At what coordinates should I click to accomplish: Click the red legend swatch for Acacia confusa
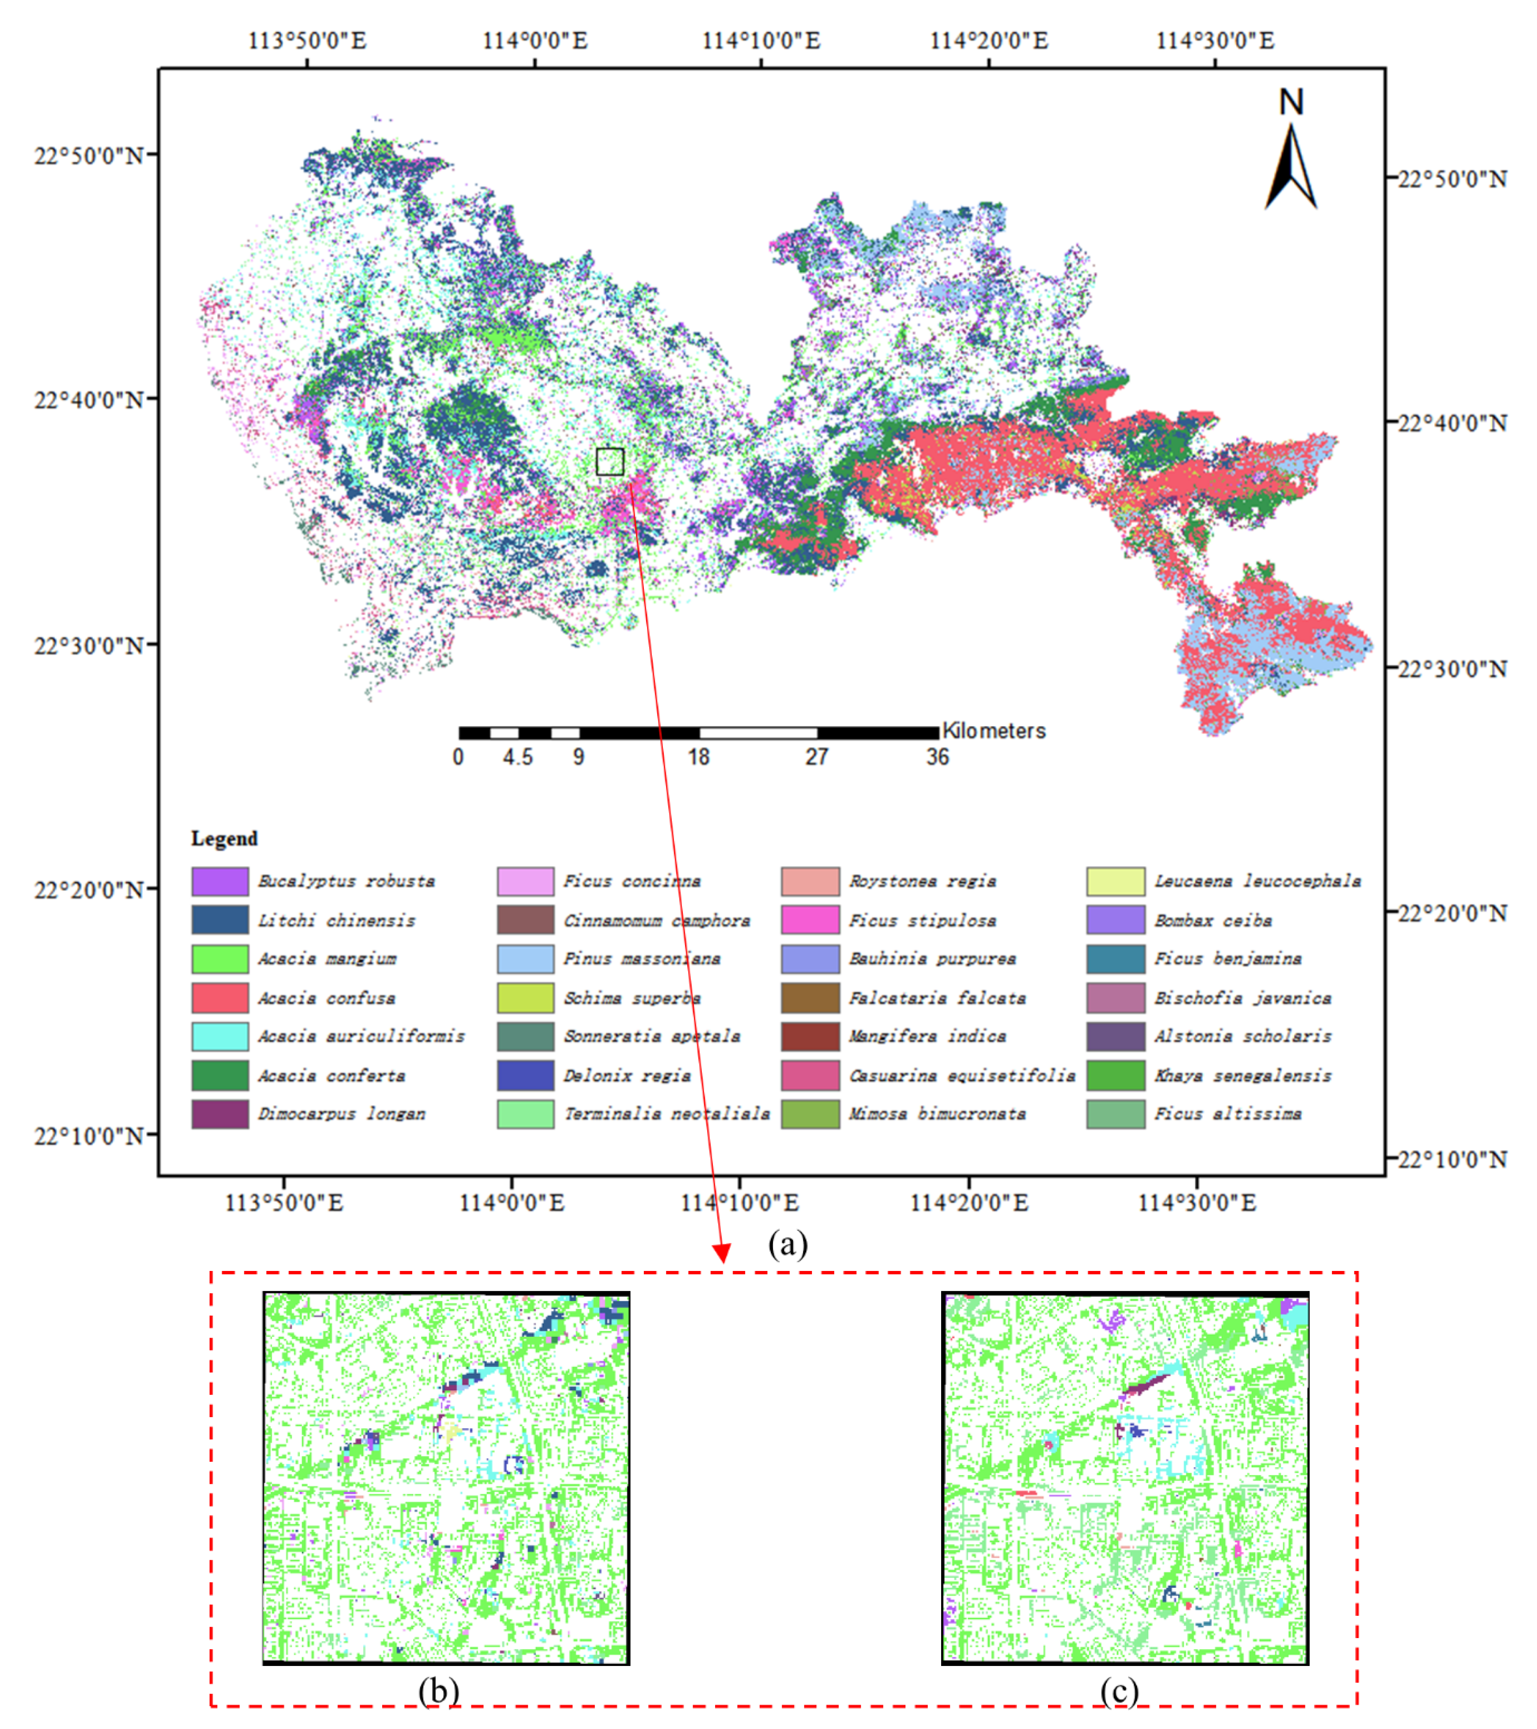[x=220, y=997]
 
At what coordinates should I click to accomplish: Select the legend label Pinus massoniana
[x=642, y=959]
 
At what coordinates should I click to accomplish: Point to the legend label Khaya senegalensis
[x=1242, y=1075]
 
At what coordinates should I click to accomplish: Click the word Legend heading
[x=224, y=838]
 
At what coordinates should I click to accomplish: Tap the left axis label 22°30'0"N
[x=89, y=645]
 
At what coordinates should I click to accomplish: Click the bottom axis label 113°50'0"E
[x=284, y=1202]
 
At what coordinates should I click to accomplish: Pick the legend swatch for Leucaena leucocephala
[x=1116, y=880]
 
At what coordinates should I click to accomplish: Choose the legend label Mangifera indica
[x=927, y=1036]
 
